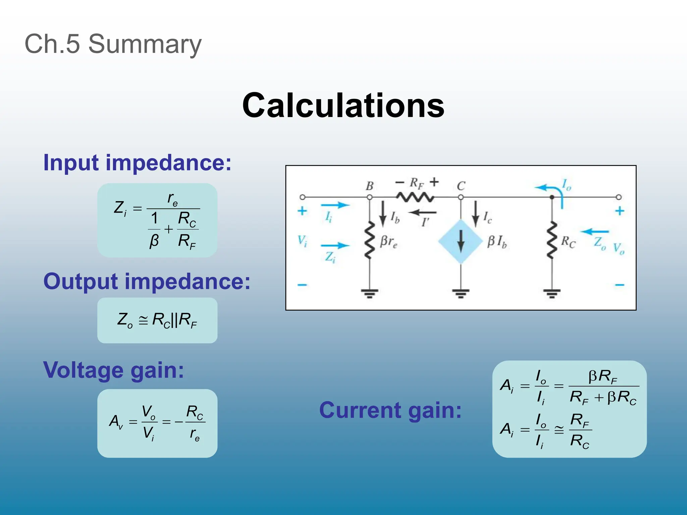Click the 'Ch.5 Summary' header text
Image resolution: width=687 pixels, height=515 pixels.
tap(113, 44)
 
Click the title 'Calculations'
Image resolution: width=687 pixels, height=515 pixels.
tap(343, 105)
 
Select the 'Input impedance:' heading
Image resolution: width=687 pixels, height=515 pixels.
tap(137, 163)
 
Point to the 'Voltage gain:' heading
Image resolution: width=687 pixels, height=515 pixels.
tap(114, 370)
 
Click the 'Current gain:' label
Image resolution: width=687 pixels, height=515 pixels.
tap(390, 410)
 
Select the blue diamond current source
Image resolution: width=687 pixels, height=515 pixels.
tap(461, 241)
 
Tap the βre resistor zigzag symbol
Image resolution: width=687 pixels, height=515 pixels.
tap(370, 240)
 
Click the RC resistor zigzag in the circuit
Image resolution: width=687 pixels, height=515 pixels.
tap(552, 240)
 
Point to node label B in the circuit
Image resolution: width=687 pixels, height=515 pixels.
tap(370, 186)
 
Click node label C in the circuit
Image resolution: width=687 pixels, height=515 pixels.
tap(461, 186)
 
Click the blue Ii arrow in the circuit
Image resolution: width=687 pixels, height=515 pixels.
tap(335, 205)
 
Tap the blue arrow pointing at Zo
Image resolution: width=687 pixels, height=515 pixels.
tap(594, 231)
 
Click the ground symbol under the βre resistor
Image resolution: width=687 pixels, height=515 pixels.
tap(370, 294)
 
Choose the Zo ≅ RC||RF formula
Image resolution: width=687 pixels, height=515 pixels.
tap(157, 320)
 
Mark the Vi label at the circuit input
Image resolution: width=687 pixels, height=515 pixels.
tap(302, 241)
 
